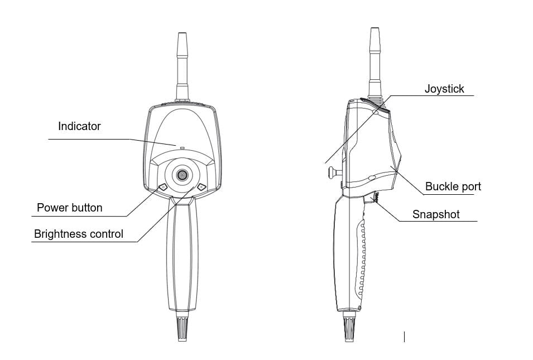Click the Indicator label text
pyautogui.click(x=79, y=126)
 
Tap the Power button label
pyautogui.click(x=69, y=208)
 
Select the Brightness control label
pyautogui.click(x=79, y=234)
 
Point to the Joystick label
pyautogui.click(x=444, y=89)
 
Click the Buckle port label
pyautogui.click(x=453, y=186)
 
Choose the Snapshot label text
pyautogui.click(x=436, y=214)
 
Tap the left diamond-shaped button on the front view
pyautogui.click(x=163, y=188)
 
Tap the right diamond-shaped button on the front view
pyautogui.click(x=201, y=187)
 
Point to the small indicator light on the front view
pyautogui.click(x=182, y=148)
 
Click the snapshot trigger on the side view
pyautogui.click(x=373, y=198)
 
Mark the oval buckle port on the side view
pyautogui.click(x=372, y=178)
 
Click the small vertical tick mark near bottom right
pyautogui.click(x=404, y=336)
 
